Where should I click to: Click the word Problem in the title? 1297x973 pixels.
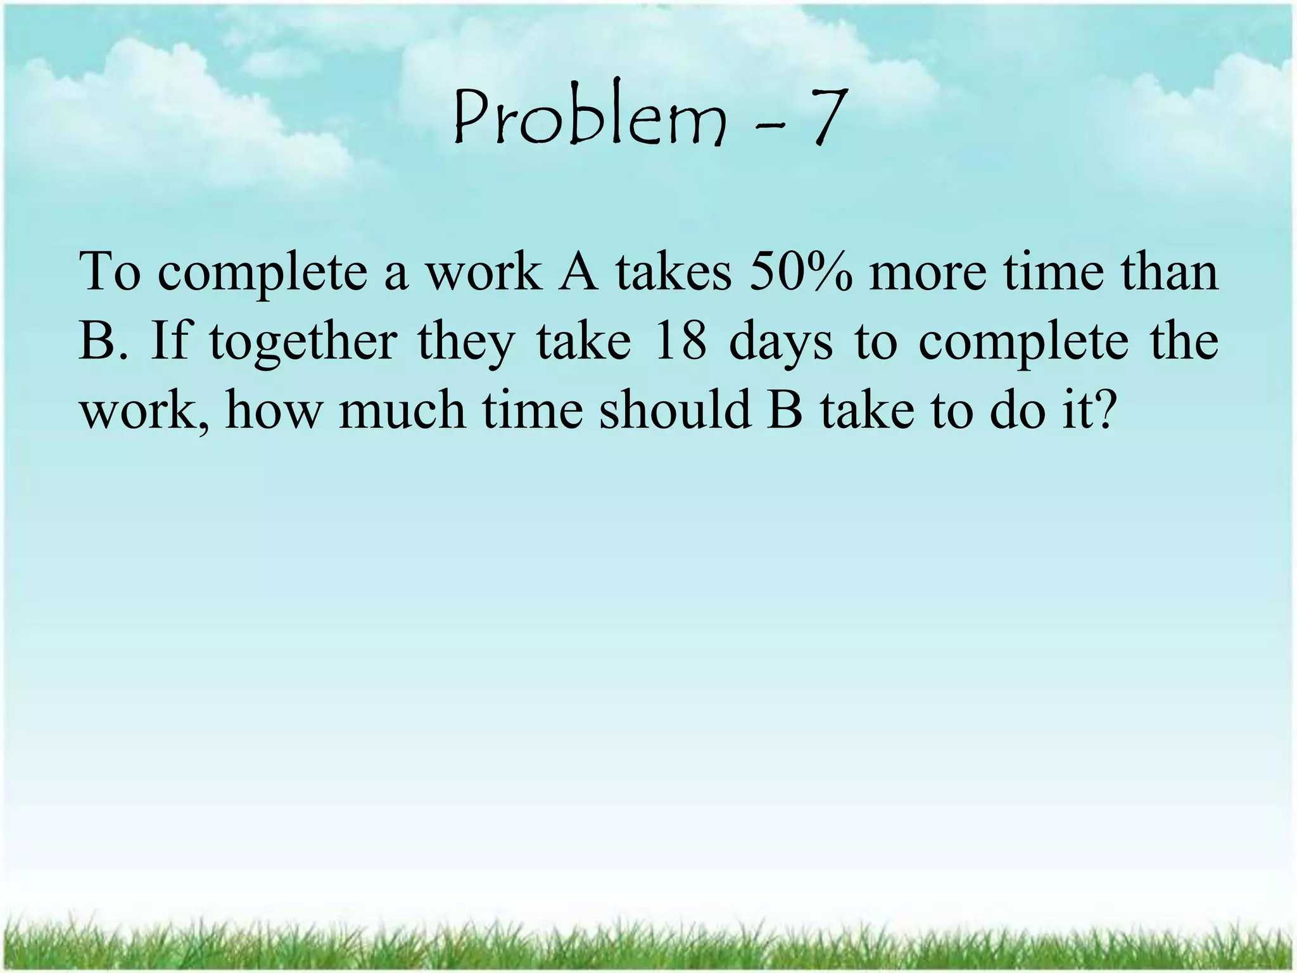pyautogui.click(x=589, y=119)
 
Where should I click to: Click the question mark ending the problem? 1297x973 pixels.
pyautogui.click(x=1100, y=410)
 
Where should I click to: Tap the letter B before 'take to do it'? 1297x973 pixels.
pyautogui.click(x=785, y=410)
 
